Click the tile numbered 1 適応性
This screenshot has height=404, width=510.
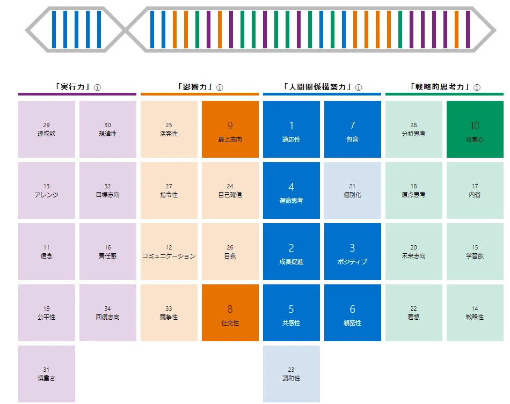coord(292,129)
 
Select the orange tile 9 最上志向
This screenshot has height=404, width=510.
coord(230,129)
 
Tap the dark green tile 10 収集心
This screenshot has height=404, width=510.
coord(475,129)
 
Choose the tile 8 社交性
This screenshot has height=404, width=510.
coord(230,313)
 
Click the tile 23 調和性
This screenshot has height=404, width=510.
coord(292,374)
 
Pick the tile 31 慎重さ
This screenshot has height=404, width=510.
coord(47,374)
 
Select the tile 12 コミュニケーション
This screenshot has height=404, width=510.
coord(169,252)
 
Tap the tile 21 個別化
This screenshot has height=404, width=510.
coord(353,190)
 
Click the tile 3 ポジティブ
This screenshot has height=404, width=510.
coord(353,252)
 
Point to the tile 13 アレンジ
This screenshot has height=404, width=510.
coord(47,190)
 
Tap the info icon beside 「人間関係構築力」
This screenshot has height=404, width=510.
coord(359,87)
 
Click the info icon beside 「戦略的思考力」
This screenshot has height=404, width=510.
coord(477,87)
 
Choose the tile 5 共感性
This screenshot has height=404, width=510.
coord(292,313)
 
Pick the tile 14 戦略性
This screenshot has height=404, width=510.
coord(475,313)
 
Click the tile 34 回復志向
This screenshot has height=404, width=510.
coord(108,313)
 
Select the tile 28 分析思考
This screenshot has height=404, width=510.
coord(414,129)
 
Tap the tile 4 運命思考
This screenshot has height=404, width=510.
coord(292,190)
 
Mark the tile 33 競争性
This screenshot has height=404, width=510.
coord(169,313)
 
